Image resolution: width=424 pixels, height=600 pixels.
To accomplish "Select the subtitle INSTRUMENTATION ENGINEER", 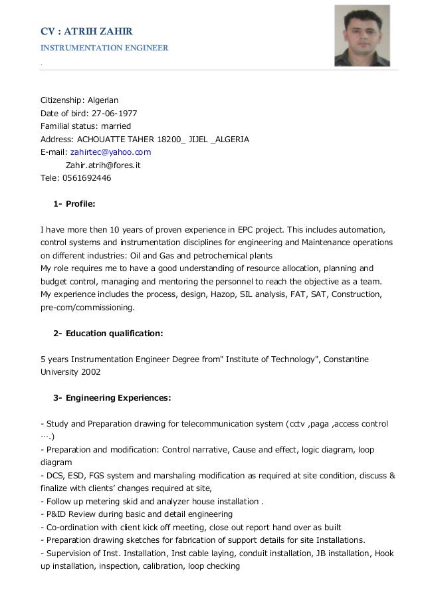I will (104, 48).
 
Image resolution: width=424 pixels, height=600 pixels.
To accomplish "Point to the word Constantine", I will (346, 359).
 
